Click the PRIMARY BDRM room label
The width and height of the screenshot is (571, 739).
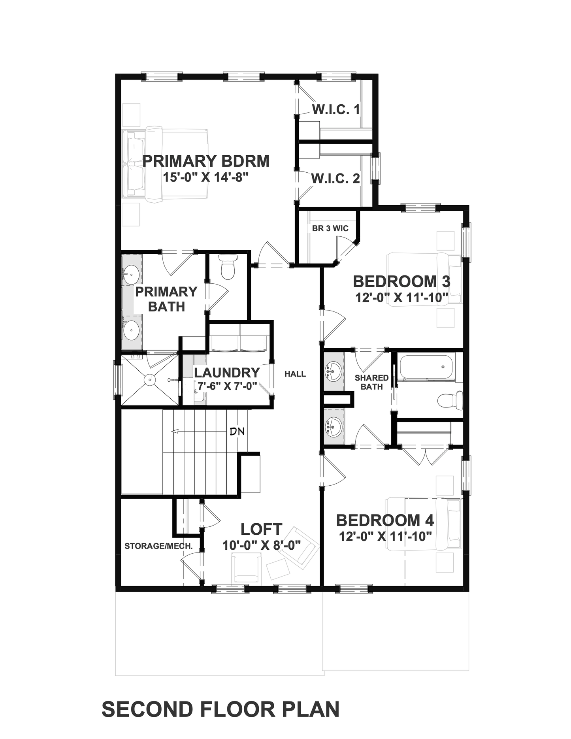coord(206,161)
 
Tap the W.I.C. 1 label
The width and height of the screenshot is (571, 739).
coord(336,109)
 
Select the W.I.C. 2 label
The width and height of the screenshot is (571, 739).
coord(335,179)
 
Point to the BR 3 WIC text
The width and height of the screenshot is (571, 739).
coord(330,228)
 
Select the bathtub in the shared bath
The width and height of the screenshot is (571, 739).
coord(427,367)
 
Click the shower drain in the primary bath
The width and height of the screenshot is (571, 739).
coord(150,380)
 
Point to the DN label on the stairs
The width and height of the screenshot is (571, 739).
coord(237,431)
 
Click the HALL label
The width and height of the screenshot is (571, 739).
coord(295,374)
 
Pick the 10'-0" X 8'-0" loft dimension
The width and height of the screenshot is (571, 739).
coord(262,545)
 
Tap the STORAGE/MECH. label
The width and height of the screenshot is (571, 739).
coord(158,546)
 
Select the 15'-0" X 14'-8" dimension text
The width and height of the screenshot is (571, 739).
coord(205,177)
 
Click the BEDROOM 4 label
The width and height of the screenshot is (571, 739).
coord(385,520)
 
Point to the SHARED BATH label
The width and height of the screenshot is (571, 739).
coord(371,382)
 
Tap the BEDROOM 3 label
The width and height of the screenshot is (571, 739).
coord(401,282)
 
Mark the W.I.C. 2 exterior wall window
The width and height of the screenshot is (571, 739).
coord(376,168)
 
